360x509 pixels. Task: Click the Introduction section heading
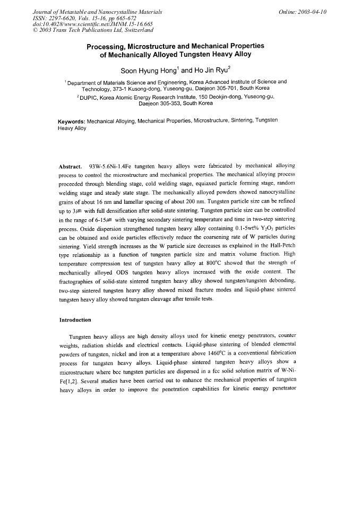tap(75, 320)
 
